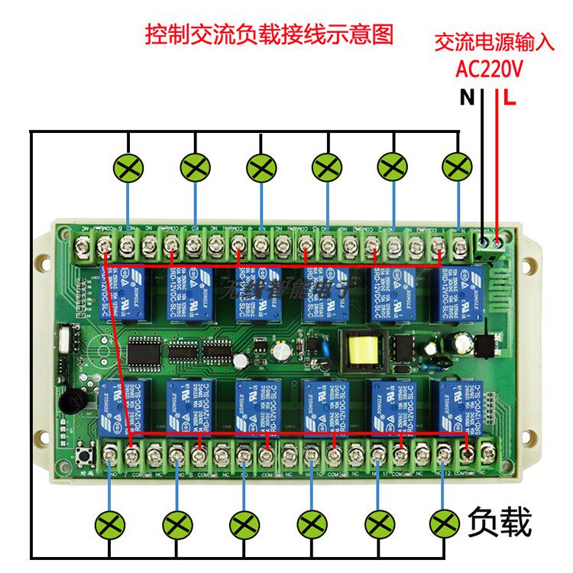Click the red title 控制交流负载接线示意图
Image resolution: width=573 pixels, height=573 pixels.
pos(270,34)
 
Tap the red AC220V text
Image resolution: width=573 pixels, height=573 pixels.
pos(489,70)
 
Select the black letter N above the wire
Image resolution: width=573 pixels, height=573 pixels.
pos(466,98)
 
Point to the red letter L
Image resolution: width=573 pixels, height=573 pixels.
pos(510,98)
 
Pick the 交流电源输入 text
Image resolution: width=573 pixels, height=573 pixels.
pos(494,42)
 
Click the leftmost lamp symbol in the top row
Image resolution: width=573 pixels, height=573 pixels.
pos(128,167)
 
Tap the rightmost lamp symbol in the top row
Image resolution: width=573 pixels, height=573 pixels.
pos(458,167)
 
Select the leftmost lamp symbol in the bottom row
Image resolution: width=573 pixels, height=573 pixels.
pos(110,526)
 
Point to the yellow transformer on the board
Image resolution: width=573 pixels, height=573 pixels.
pos(361,349)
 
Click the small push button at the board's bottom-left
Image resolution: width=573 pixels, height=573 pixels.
pos(83,459)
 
